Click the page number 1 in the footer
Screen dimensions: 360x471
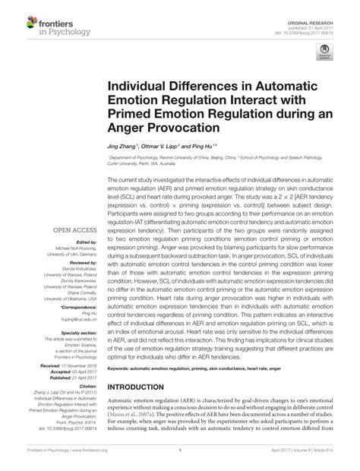coord(179,460)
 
